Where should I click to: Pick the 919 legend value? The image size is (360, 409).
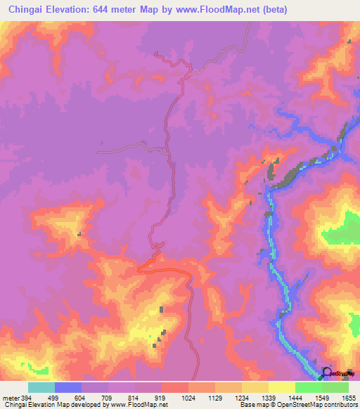click(x=161, y=398)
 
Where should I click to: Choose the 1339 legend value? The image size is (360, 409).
click(x=269, y=398)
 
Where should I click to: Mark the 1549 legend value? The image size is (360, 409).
click(x=322, y=398)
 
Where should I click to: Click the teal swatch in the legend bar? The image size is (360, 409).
click(x=41, y=387)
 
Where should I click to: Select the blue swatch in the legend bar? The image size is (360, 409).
click(x=68, y=387)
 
